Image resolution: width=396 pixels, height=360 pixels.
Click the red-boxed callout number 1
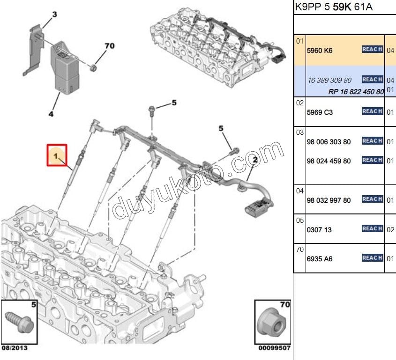tap(56, 155)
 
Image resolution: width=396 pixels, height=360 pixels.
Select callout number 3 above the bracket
tap(54, 15)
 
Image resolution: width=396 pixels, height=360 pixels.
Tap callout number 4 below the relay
tap(51, 114)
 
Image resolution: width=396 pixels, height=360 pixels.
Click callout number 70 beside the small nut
tap(109, 46)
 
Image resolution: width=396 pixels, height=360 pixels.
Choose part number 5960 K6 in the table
tap(319, 50)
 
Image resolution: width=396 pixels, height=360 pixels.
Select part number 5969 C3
tap(319, 112)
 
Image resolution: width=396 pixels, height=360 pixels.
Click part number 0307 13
tap(319, 230)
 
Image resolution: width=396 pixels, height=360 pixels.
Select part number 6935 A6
tap(319, 259)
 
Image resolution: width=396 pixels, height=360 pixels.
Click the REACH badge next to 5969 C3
tap(373, 111)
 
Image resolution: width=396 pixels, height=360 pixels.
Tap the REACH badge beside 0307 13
tap(373, 228)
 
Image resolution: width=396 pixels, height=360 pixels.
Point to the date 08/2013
tap(15, 348)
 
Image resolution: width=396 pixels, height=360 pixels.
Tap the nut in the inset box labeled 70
tap(274, 323)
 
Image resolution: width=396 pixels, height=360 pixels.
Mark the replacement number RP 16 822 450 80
tap(356, 91)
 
